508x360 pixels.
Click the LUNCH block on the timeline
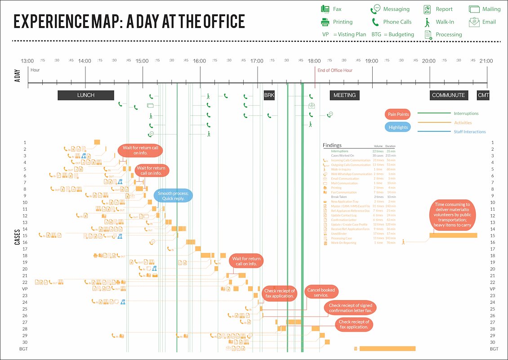pos(86,95)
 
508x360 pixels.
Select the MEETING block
pos(345,95)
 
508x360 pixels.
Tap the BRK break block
pos(269,95)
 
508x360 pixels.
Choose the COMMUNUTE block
pos(448,95)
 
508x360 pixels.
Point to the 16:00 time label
pos(200,61)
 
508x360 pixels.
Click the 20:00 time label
pos(429,61)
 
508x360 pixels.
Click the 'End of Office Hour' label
pos(335,70)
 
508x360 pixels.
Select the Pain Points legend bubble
pos(398,114)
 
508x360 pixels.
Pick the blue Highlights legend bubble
pos(398,127)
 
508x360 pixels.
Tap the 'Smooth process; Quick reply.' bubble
pos(174,196)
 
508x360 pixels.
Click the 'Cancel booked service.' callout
pos(321,292)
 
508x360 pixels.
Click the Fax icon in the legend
pos(325,9)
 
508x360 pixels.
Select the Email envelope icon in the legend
pos(474,22)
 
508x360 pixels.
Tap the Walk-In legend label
pos(445,22)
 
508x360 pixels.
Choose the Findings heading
pos(332,145)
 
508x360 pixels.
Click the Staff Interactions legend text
pos(469,132)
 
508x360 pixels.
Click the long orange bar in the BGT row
pos(387,349)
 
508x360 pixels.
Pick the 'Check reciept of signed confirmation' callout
pos(350,308)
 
